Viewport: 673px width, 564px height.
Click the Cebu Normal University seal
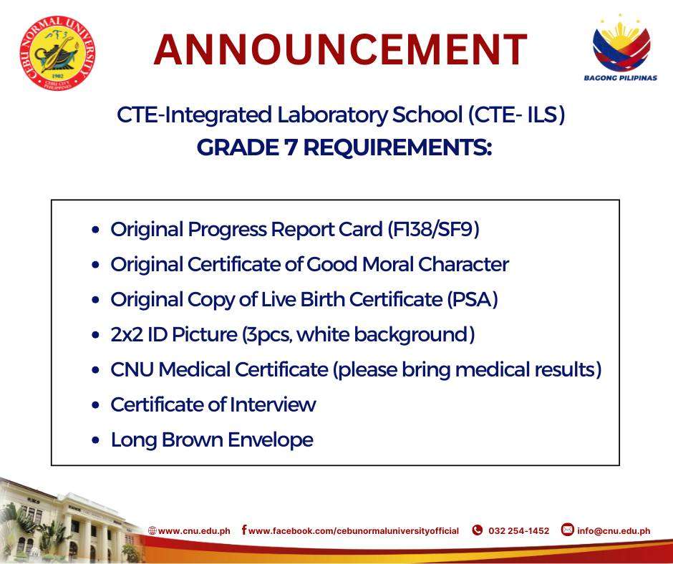(x=57, y=53)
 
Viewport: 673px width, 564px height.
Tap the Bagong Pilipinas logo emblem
(x=621, y=44)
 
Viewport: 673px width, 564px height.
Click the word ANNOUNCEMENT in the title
(x=340, y=49)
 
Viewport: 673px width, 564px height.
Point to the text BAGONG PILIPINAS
(x=620, y=78)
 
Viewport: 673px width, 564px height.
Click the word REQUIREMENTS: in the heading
(x=397, y=147)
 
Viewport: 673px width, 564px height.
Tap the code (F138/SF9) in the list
(x=433, y=229)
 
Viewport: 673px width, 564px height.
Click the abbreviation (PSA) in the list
(x=472, y=300)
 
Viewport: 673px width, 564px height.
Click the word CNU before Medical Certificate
(x=132, y=369)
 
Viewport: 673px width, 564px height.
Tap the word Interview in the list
(x=273, y=405)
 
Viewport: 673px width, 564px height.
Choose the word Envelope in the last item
(x=270, y=440)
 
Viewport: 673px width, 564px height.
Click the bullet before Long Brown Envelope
(x=95, y=440)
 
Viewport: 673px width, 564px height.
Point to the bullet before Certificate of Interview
(x=95, y=405)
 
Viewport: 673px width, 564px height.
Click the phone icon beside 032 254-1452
(x=477, y=530)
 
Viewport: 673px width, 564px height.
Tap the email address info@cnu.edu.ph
(x=614, y=531)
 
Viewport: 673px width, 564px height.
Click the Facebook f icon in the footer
(x=244, y=530)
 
